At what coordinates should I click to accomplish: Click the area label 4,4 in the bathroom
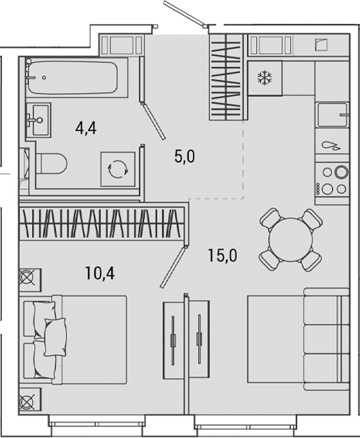coord(86,128)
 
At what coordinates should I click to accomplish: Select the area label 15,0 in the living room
coord(222,256)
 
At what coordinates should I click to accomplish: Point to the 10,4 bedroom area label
coord(99,275)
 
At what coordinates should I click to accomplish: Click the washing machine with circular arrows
coord(117,167)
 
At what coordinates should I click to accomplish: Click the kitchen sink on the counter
coord(333,115)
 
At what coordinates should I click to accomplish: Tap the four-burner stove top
coord(333,180)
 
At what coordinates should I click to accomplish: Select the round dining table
coord(290,238)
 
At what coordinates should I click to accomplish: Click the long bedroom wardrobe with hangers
coord(102,223)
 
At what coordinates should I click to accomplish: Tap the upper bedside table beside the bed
coord(29,279)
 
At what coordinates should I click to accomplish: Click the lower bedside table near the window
coord(29,399)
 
